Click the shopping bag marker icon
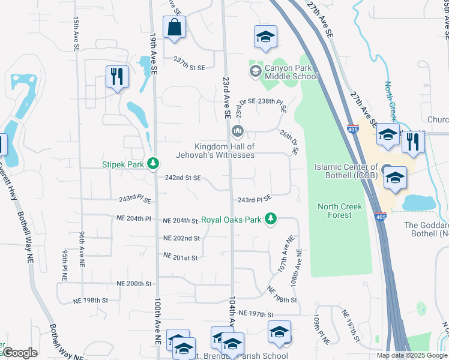tap(174, 28)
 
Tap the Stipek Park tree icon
tap(154, 163)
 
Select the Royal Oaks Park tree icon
tap(271, 219)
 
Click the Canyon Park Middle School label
tap(291, 71)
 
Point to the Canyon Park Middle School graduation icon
tap(255, 71)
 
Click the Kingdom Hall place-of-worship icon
tap(237, 131)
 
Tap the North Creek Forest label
tap(340, 211)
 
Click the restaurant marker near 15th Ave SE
tap(116, 77)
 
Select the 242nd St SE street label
tap(182, 178)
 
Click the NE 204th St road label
tap(181, 221)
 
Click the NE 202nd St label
tap(182, 238)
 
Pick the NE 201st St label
tap(181, 257)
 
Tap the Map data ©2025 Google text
tap(411, 355)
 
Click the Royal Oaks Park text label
tap(232, 220)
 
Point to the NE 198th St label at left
tap(90, 299)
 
